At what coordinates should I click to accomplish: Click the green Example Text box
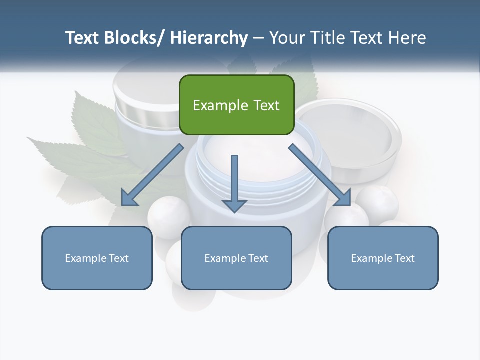tap(236, 105)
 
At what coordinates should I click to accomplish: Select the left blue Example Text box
tap(97, 258)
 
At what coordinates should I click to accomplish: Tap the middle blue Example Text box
tap(236, 258)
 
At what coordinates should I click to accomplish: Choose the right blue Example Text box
tap(383, 258)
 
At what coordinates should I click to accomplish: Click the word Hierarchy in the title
tap(209, 38)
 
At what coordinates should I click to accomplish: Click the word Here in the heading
tap(407, 38)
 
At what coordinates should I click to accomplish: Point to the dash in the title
tap(258, 38)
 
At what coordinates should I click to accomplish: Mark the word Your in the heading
tap(287, 38)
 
